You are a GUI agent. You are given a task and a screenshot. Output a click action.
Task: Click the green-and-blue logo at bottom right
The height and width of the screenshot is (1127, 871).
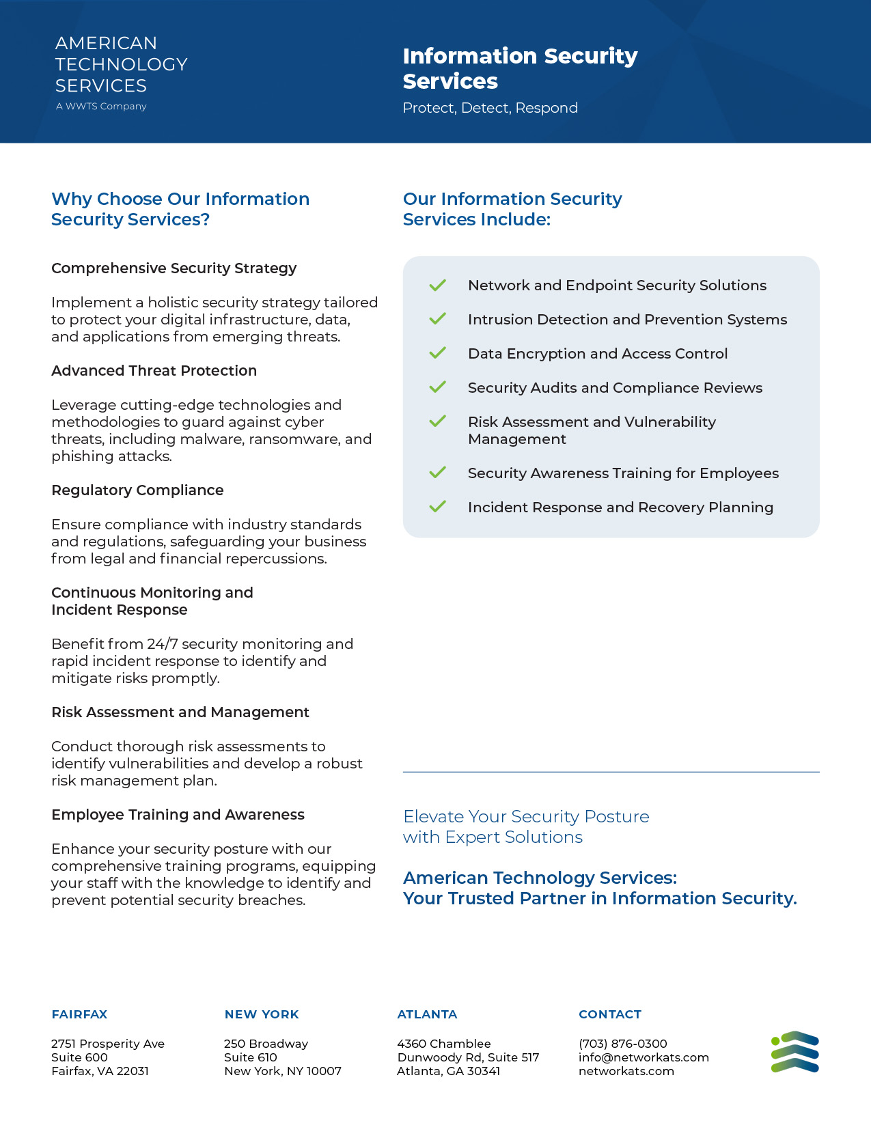coord(795,1052)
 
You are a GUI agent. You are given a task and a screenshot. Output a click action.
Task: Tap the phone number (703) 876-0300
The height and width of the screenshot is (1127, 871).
coord(622,1044)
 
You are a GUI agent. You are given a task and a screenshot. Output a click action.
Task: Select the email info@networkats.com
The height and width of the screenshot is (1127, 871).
coord(644,1057)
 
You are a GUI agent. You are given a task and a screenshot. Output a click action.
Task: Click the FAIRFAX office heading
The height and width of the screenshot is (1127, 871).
coord(79,1014)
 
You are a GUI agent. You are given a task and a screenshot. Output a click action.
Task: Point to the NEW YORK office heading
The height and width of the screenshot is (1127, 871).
coord(262,1014)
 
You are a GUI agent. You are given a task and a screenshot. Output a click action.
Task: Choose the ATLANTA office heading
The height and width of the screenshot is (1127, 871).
coord(427,1014)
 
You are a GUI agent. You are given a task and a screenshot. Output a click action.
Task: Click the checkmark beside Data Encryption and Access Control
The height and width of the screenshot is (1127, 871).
coord(437,353)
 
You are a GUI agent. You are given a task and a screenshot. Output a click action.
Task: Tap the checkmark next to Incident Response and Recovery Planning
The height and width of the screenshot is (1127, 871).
coord(437,507)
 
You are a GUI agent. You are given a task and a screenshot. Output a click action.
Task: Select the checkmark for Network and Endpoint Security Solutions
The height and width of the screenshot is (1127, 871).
coord(437,285)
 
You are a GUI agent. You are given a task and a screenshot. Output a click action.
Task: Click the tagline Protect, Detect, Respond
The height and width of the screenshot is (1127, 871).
coord(490,108)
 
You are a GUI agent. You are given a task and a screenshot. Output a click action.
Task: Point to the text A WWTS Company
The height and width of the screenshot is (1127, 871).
coord(101,107)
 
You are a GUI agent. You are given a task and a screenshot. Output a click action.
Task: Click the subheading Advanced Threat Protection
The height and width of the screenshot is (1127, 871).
coord(154,371)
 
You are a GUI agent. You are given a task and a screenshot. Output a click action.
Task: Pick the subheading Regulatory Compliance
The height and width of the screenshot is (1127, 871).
coord(137,490)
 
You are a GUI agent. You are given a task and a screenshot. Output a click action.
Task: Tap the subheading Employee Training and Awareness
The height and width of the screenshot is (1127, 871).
coord(178,815)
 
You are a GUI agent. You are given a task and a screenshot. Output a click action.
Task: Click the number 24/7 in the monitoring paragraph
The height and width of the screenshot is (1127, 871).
coord(162,644)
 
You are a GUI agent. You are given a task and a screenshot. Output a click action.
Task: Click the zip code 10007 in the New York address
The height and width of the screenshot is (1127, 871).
coord(324,1071)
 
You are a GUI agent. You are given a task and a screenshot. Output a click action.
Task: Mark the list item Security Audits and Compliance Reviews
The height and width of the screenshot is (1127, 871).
coord(615,388)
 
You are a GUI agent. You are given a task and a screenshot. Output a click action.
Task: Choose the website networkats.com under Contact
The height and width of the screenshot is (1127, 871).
coord(626,1071)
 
